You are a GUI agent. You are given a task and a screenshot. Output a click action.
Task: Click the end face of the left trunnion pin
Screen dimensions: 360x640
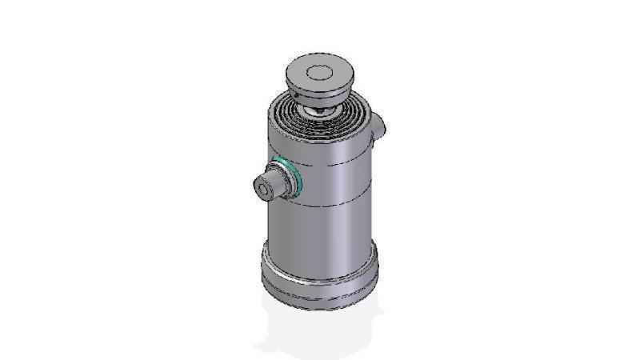[x=262, y=189]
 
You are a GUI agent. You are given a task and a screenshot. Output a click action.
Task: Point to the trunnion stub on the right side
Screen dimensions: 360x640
[x=379, y=124]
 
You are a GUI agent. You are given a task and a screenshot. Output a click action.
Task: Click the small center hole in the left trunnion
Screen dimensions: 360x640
[x=262, y=189]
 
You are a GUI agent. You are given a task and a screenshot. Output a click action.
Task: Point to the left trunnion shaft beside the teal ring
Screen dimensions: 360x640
[x=275, y=184]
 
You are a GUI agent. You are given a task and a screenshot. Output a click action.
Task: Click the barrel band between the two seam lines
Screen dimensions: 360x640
[x=336, y=184]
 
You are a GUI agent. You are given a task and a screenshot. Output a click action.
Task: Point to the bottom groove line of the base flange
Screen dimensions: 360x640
[x=320, y=302]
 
